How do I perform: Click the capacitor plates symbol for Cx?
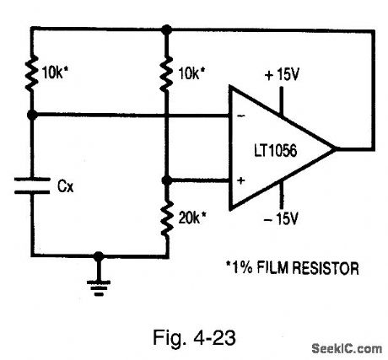point(31,185)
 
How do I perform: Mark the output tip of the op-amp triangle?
point(337,149)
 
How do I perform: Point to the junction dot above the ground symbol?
point(99,254)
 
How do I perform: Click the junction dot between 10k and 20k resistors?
point(167,180)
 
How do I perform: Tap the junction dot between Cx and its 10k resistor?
point(31,114)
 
